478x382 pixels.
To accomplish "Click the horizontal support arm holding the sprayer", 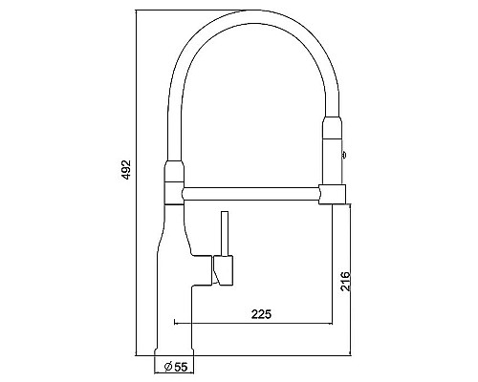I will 253,194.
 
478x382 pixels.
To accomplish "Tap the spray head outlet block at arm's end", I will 333,194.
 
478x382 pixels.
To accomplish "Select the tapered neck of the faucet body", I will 174,229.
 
